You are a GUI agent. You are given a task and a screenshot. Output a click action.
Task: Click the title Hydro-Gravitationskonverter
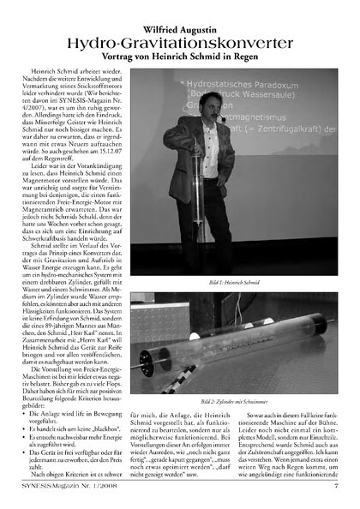click(x=180, y=31)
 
